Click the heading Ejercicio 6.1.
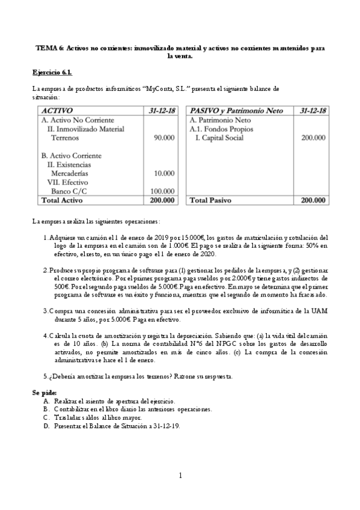[x=52, y=72]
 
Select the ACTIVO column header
[x=57, y=111]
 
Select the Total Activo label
[x=61, y=200]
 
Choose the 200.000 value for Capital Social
[x=313, y=138]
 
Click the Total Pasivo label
[x=211, y=200]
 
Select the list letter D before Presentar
[x=46, y=425]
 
